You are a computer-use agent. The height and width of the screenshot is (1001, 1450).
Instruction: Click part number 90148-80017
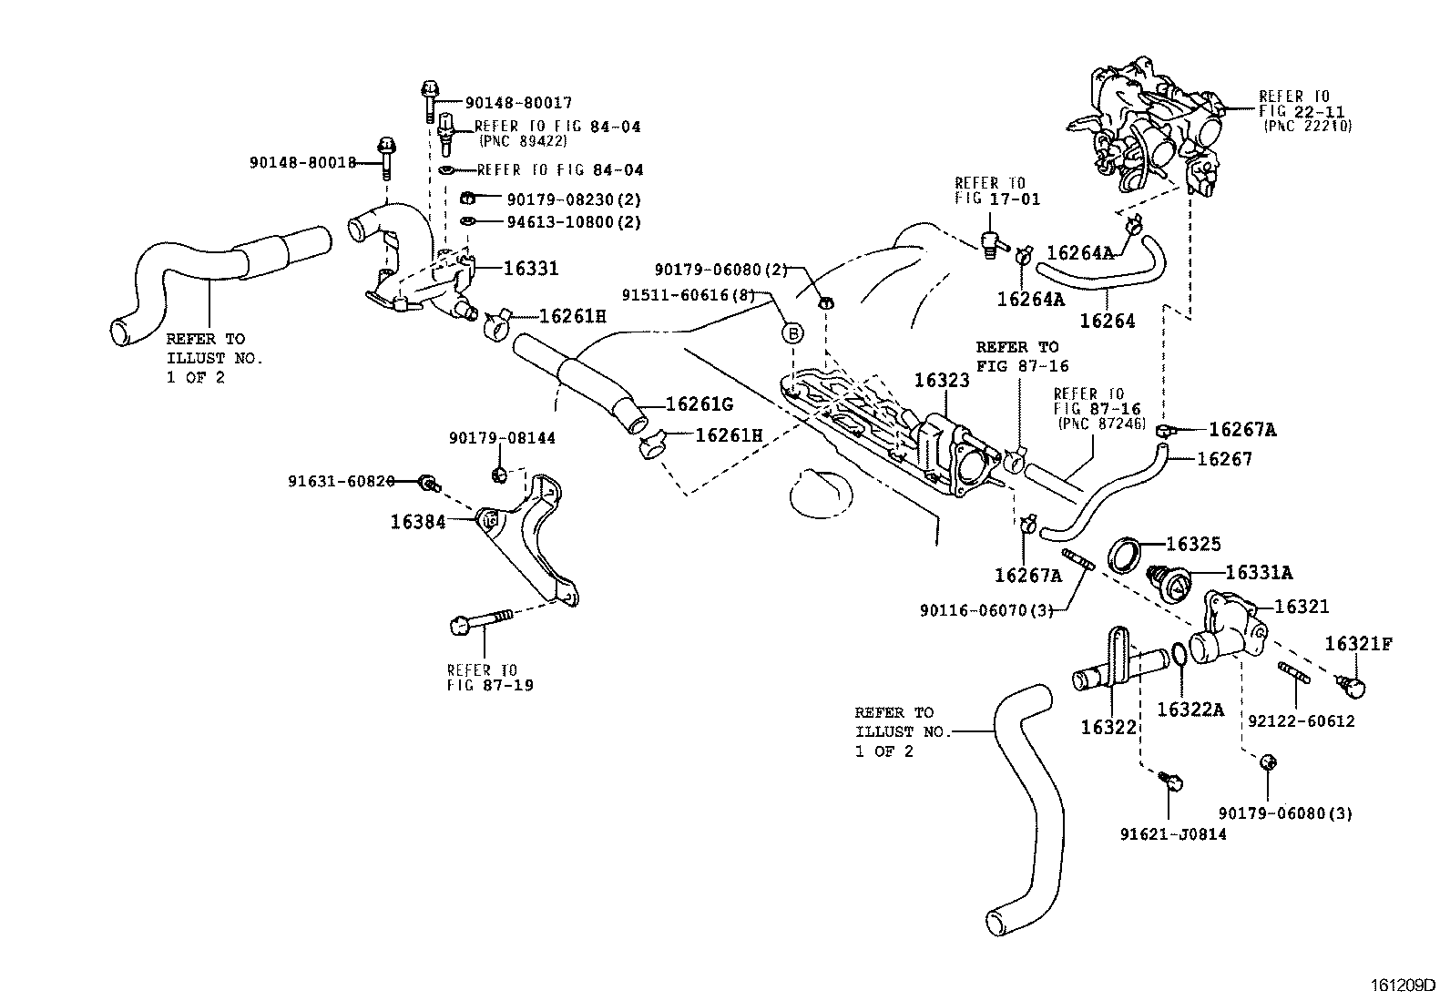coord(518,104)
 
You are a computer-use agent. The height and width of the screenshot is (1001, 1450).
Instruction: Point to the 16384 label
coord(418,522)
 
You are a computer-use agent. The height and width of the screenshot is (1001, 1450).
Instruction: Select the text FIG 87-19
coord(490,685)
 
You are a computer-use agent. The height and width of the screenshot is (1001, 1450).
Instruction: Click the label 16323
coord(942,381)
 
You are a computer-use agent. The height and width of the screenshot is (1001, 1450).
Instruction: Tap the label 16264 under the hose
coord(1107,321)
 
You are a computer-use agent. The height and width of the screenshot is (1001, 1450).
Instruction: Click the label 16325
coord(1193,544)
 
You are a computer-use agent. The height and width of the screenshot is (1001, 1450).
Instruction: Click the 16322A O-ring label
coord(1190,709)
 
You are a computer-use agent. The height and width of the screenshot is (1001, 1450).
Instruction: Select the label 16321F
coord(1358,645)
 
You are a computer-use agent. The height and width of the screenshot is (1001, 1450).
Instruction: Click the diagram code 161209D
coord(1404,986)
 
